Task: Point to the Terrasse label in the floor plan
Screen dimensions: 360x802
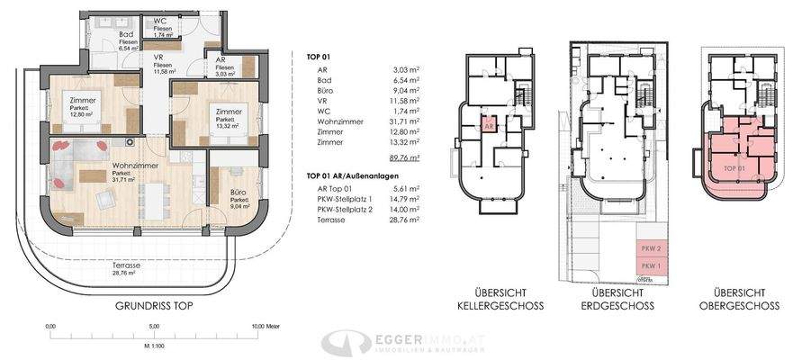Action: [128, 267]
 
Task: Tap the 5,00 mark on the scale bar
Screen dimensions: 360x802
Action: [154, 326]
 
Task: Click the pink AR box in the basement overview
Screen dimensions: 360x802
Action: [490, 129]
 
